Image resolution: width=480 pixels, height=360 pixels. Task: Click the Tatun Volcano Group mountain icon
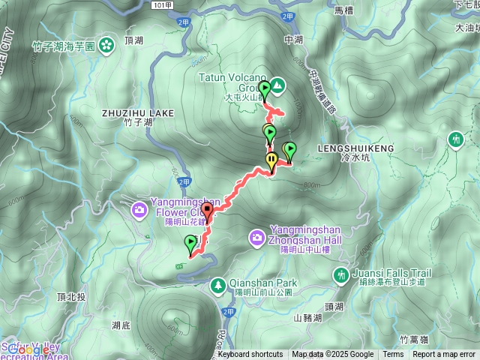[x=277, y=85]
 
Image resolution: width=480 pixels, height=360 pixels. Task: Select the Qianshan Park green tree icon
[x=218, y=284]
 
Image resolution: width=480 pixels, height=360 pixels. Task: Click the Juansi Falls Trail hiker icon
[x=342, y=275]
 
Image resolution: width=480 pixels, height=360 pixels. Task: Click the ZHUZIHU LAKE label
[x=137, y=113]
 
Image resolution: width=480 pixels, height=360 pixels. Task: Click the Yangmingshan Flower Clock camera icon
[x=139, y=209]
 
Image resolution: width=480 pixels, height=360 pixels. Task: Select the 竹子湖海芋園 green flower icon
[x=107, y=43]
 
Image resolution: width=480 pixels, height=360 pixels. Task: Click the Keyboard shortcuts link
[x=250, y=355]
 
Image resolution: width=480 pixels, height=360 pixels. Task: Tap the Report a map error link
[x=444, y=355]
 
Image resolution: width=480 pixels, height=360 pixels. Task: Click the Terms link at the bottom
[x=393, y=355]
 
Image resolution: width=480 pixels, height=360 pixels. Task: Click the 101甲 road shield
[x=157, y=4]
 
